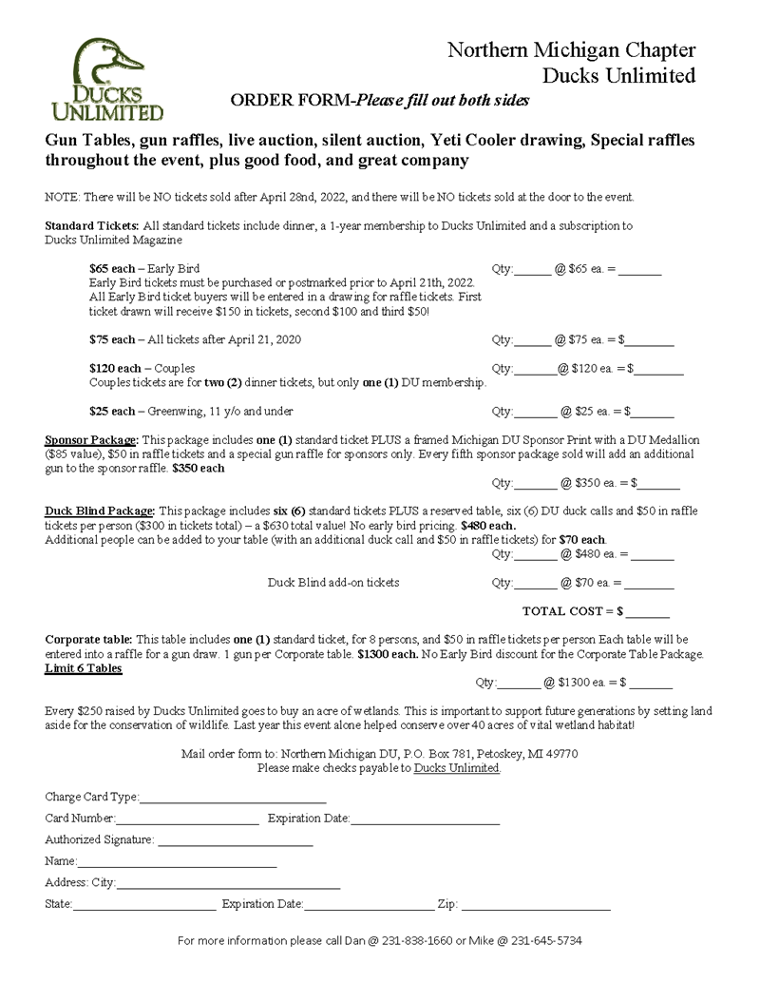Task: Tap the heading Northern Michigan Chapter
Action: [571, 50]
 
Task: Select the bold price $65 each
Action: [111, 269]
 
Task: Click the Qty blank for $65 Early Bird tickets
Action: [533, 272]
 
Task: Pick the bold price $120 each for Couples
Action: [114, 368]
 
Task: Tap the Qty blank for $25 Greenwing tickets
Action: [537, 414]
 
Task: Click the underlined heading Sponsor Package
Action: [92, 440]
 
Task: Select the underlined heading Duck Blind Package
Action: [100, 511]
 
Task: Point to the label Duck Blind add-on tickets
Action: [332, 582]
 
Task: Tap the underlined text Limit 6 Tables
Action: [84, 668]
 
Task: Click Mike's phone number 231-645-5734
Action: [546, 941]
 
